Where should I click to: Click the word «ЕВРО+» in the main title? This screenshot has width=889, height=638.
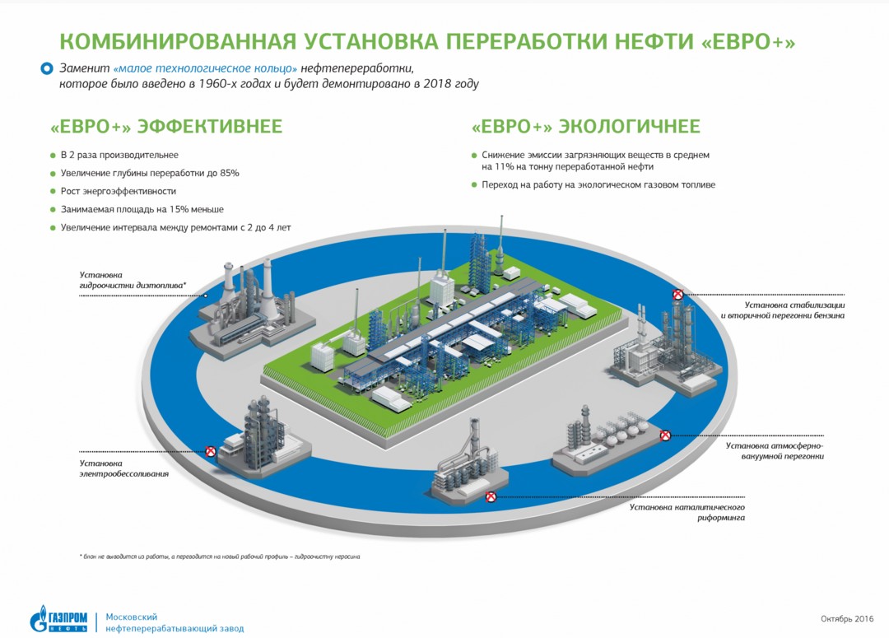pyautogui.click(x=747, y=42)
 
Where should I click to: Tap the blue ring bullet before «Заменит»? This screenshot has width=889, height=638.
pyautogui.click(x=46, y=68)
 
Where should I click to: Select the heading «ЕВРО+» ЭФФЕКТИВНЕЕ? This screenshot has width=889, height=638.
pyautogui.click(x=166, y=126)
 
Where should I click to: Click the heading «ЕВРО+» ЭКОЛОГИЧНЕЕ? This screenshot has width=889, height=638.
pyautogui.click(x=586, y=126)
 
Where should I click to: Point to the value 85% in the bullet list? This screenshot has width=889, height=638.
pyautogui.click(x=229, y=173)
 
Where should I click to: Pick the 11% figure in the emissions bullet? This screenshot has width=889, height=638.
pyautogui.click(x=504, y=167)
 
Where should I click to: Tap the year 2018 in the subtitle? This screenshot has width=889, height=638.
pyautogui.click(x=431, y=84)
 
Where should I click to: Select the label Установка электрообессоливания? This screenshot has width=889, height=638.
pyautogui.click(x=123, y=468)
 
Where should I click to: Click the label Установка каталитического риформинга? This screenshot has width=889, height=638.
pyautogui.click(x=687, y=512)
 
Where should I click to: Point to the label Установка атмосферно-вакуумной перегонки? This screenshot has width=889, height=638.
pyautogui.click(x=775, y=451)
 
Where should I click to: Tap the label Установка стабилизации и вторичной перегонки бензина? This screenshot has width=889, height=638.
pyautogui.click(x=783, y=310)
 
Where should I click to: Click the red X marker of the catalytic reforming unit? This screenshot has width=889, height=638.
pyautogui.click(x=491, y=496)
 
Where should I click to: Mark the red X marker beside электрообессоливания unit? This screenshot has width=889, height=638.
pyautogui.click(x=211, y=451)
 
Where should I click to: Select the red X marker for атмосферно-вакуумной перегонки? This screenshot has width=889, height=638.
pyautogui.click(x=665, y=435)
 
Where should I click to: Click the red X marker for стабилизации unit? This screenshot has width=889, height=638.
pyautogui.click(x=677, y=295)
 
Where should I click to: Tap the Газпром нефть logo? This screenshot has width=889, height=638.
pyautogui.click(x=59, y=620)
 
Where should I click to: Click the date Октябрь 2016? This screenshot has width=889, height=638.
pyautogui.click(x=847, y=619)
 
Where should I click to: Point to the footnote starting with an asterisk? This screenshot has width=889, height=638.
pyautogui.click(x=220, y=557)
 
